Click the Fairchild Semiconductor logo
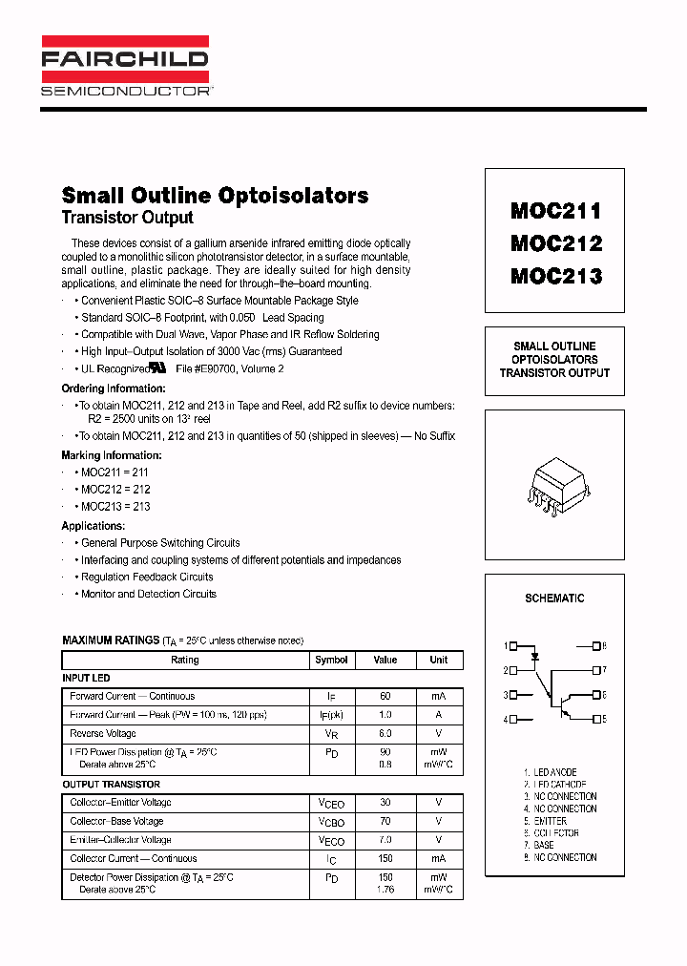click(125, 67)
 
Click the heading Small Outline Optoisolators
click(215, 195)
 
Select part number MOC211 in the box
click(555, 211)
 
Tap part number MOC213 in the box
click(555, 277)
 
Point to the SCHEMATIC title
click(554, 598)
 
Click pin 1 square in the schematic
click(513, 646)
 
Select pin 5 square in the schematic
click(596, 719)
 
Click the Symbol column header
click(331, 660)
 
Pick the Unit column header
click(438, 660)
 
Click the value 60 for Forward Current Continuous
click(385, 697)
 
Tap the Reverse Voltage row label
click(103, 734)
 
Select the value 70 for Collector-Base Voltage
click(385, 821)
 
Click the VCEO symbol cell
click(331, 804)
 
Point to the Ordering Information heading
click(114, 388)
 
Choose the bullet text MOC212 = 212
click(115, 490)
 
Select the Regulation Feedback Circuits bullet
click(147, 577)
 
